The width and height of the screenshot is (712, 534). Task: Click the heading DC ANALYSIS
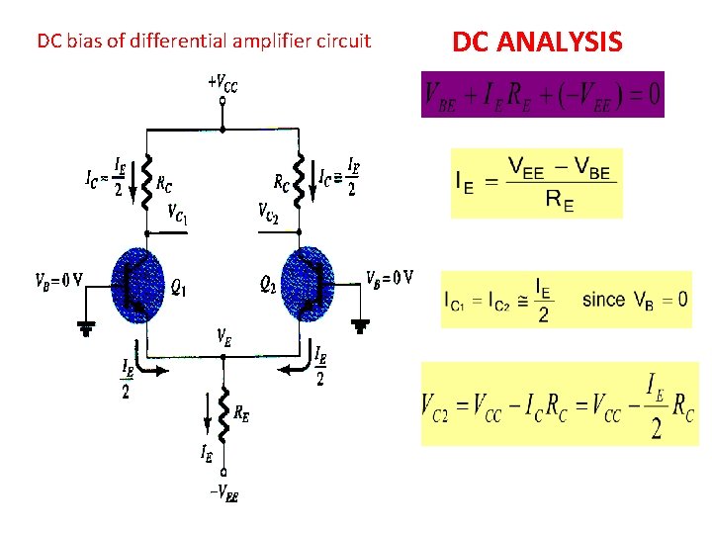click(537, 42)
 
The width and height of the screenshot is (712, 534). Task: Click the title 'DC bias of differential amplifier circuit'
click(204, 42)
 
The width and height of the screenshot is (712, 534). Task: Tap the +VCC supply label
click(222, 82)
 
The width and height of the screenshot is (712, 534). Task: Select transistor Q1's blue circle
click(137, 286)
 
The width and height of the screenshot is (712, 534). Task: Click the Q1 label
click(179, 288)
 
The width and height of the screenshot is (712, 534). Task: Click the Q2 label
click(268, 285)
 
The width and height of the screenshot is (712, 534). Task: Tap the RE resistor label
click(241, 414)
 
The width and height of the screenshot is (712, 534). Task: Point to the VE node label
click(224, 337)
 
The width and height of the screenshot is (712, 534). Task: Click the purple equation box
click(542, 95)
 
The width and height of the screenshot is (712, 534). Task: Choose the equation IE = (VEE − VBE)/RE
click(536, 184)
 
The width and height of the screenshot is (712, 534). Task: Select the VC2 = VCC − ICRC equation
click(559, 403)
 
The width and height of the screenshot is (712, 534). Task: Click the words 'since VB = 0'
click(635, 299)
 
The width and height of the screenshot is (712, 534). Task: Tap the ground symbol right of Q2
click(364, 323)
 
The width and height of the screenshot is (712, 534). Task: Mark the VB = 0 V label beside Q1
click(60, 278)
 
